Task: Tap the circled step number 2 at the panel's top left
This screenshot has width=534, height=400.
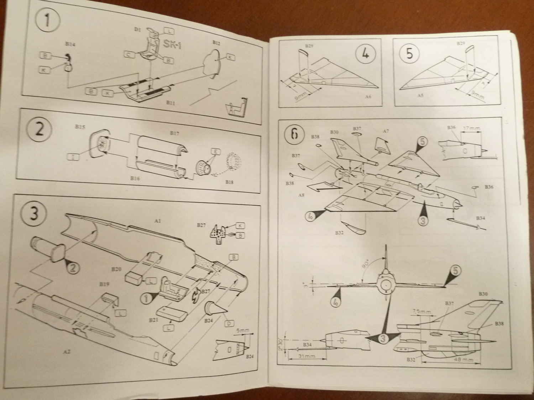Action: (39, 129)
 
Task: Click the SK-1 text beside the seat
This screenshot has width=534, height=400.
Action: (172, 45)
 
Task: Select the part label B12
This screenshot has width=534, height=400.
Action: (216, 42)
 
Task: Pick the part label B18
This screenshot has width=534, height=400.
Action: (230, 182)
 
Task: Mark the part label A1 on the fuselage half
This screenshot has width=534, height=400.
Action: (158, 221)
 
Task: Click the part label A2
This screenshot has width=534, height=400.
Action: (66, 352)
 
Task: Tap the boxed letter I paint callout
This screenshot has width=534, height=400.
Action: (73, 156)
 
